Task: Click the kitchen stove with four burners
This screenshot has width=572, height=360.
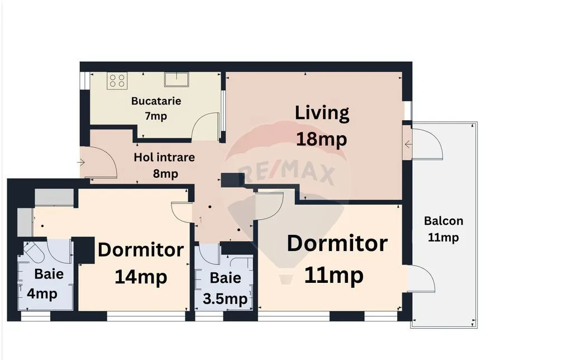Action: pyautogui.click(x=117, y=80)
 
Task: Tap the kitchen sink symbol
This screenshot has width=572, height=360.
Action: pyautogui.click(x=177, y=79)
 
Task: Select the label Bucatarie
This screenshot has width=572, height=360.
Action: pyautogui.click(x=156, y=101)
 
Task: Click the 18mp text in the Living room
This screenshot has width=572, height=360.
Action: pyautogui.click(x=321, y=139)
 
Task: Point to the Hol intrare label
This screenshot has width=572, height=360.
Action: pyautogui.click(x=164, y=158)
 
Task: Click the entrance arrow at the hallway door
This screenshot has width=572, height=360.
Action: pyautogui.click(x=81, y=162)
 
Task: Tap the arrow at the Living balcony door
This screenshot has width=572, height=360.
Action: pyautogui.click(x=408, y=145)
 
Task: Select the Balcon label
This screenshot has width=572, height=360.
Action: pyautogui.click(x=444, y=221)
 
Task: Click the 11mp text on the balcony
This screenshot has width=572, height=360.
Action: pyautogui.click(x=443, y=238)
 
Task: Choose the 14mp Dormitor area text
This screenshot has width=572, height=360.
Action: pyautogui.click(x=141, y=277)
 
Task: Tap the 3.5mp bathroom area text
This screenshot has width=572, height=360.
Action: pyautogui.click(x=225, y=300)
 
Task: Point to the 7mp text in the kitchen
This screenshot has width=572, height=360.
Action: pyautogui.click(x=156, y=116)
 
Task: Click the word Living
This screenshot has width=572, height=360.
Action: pyautogui.click(x=322, y=113)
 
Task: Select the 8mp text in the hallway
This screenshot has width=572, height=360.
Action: pyautogui.click(x=165, y=174)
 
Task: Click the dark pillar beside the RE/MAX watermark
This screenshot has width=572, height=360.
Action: pyautogui.click(x=233, y=180)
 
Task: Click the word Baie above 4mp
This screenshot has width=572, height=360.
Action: pyautogui.click(x=49, y=274)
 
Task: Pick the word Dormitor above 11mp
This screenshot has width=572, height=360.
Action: pyautogui.click(x=337, y=244)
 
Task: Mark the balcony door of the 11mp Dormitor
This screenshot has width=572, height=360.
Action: pyautogui.click(x=422, y=279)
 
